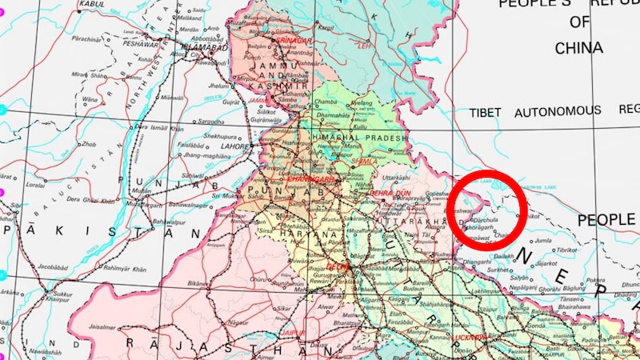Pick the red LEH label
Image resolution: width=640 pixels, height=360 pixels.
[x=364, y=46]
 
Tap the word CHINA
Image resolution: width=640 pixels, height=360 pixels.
[x=578, y=47]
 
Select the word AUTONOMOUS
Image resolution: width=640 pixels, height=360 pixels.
[x=558, y=111]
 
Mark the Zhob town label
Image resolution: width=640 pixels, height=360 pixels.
[x=89, y=145]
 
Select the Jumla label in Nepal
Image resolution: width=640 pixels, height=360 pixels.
[x=543, y=239]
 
